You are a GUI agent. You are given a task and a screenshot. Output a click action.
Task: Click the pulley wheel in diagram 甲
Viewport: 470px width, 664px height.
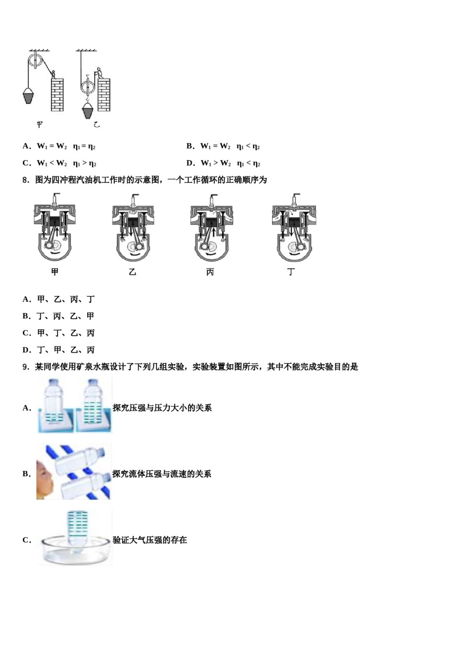point(35,62)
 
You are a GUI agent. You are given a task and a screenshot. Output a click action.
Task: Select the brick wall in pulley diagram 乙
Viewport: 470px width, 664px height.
point(104,94)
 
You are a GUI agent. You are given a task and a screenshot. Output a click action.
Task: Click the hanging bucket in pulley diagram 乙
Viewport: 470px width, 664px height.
point(88,111)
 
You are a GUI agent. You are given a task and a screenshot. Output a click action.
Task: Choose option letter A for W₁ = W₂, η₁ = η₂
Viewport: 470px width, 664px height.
point(26,146)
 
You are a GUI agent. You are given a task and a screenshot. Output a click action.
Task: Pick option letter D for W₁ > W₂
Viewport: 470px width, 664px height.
point(190,163)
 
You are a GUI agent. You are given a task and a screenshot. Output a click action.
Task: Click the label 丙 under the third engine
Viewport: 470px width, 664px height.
point(210,272)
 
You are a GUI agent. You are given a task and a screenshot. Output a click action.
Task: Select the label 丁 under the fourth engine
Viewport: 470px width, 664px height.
point(291,272)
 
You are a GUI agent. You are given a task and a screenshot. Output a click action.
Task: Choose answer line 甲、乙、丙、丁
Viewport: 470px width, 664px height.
point(66,299)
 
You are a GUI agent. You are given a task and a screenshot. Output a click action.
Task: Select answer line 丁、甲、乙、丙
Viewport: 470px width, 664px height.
point(66,350)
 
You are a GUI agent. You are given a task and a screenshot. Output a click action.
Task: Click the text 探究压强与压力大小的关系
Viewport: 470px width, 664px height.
point(162,408)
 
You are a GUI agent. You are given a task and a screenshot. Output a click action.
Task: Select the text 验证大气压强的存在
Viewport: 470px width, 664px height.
point(150,540)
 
